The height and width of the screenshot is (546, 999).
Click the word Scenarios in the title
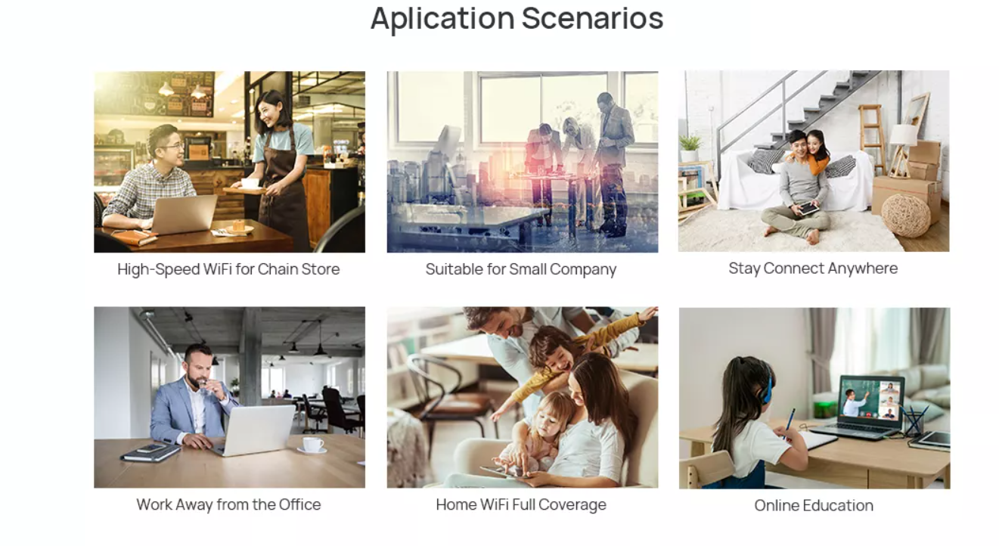pyautogui.click(x=592, y=18)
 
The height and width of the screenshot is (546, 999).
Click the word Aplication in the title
pyautogui.click(x=442, y=20)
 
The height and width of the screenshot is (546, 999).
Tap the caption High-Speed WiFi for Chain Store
pyautogui.click(x=228, y=269)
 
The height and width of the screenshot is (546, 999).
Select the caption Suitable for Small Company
pyautogui.click(x=521, y=269)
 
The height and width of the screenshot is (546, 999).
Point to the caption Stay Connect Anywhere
pyautogui.click(x=813, y=268)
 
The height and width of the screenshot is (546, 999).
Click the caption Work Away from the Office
pyautogui.click(x=228, y=504)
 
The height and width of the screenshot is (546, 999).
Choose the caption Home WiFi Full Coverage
pyautogui.click(x=521, y=504)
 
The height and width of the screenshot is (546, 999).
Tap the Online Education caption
pyautogui.click(x=814, y=505)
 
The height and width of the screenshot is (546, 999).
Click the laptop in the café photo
pyautogui.click(x=184, y=214)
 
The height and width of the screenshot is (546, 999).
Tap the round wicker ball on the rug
pyautogui.click(x=905, y=216)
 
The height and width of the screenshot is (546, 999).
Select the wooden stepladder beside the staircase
pyautogui.click(x=872, y=138)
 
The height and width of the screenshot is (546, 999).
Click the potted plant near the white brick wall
pyautogui.click(x=690, y=148)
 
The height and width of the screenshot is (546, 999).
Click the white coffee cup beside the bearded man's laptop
pyautogui.click(x=312, y=445)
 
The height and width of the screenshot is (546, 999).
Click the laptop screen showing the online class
pyautogui.click(x=871, y=399)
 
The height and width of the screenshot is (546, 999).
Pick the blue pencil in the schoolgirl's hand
pyautogui.click(x=789, y=423)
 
